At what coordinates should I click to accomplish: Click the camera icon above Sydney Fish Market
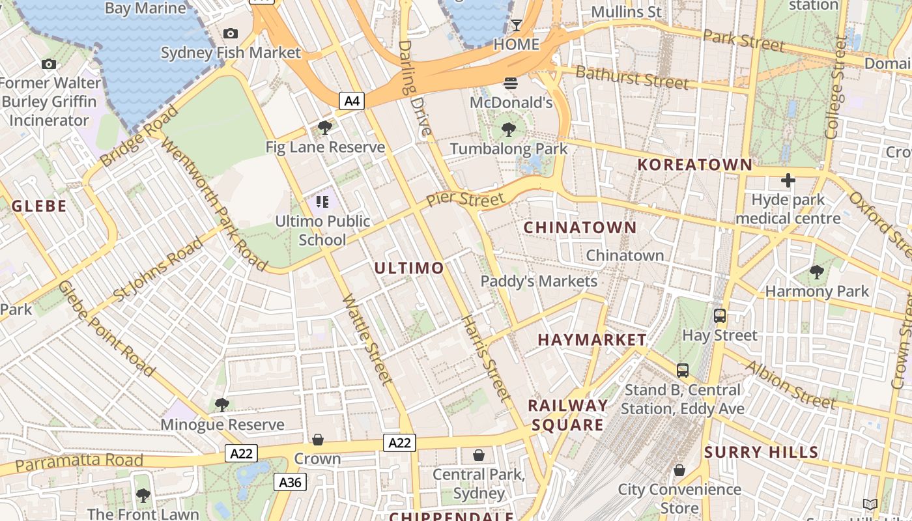pos(230,34)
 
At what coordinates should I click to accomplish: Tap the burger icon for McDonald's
pos(510,83)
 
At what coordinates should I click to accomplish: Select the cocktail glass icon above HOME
pos(516,25)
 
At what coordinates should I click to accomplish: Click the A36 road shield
pos(290,482)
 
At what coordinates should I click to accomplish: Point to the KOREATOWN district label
pos(694,165)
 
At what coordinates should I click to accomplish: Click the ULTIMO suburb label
pos(409,268)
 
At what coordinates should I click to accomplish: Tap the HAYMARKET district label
pos(592,340)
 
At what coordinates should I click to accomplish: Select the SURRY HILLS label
pos(761,452)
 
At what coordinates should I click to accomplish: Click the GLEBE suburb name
pos(39,206)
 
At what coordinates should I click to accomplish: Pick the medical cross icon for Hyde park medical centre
pos(788,180)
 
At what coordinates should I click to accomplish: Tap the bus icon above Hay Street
pos(719,316)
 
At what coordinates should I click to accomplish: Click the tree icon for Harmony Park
pos(816,272)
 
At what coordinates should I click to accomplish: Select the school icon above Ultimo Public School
pos(322,202)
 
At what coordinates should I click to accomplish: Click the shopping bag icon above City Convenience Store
pos(679,470)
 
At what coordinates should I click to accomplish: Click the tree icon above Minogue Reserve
pos(222,405)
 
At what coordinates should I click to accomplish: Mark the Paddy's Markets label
pos(539,281)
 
